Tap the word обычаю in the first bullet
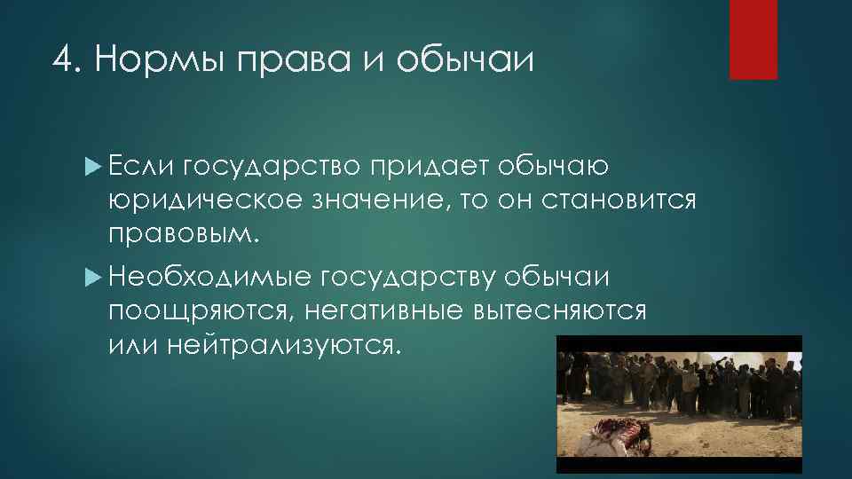tap(552, 167)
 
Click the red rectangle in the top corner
tap(753, 39)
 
